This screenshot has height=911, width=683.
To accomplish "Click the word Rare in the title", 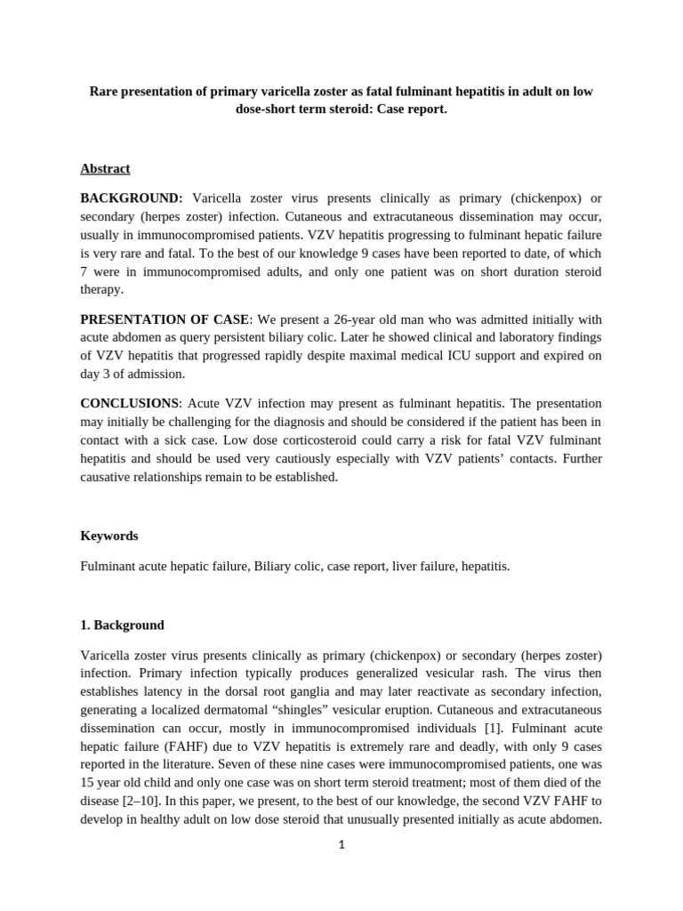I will tap(106, 92).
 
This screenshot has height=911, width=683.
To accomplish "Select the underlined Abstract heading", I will tap(105, 168).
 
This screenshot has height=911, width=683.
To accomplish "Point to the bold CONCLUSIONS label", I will tap(129, 403).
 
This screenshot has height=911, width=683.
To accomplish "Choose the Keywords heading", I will tap(108, 536).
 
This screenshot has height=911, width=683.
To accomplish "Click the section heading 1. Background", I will tap(122, 625).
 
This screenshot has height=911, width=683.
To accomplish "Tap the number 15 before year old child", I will tap(87, 781).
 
